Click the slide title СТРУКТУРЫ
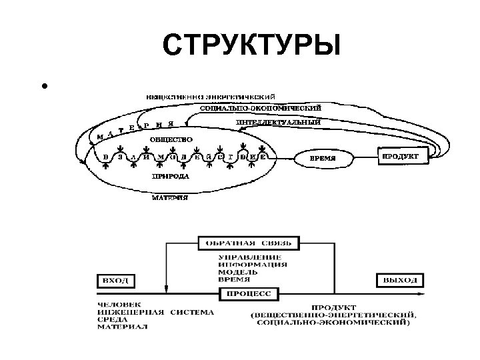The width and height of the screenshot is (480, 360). click(x=251, y=47)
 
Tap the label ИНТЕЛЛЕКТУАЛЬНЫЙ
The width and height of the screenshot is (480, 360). click(x=278, y=123)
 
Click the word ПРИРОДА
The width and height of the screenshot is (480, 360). click(x=170, y=177)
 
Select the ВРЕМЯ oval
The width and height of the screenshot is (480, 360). click(x=324, y=159)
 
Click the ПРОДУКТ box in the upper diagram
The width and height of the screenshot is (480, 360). click(x=400, y=157)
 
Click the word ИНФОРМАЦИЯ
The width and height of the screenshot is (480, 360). click(x=253, y=264)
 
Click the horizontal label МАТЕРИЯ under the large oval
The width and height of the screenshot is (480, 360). click(x=169, y=198)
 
